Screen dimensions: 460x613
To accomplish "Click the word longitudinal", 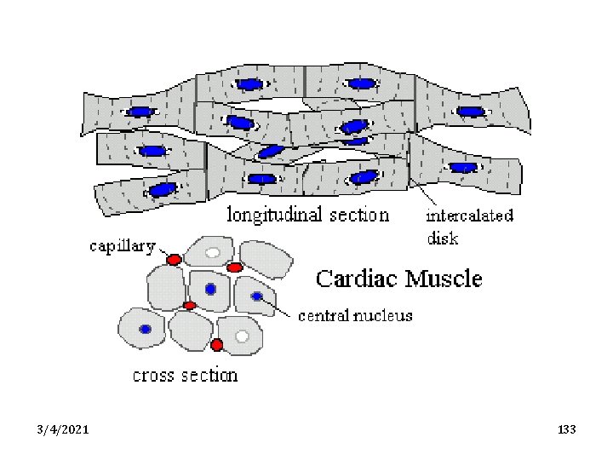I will pyautogui.click(x=269, y=214).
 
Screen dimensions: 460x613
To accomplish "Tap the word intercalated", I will pyautogui.click(x=470, y=215).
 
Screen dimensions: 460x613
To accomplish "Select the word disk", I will pyautogui.click(x=443, y=239).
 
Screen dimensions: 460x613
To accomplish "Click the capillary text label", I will pyautogui.click(x=123, y=247).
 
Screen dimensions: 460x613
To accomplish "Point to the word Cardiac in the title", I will pyautogui.click(x=362, y=279).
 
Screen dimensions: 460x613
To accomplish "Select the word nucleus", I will pyautogui.click(x=385, y=316).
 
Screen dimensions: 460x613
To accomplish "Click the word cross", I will pyautogui.click(x=158, y=374).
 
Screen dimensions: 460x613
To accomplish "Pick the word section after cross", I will pyautogui.click(x=210, y=374).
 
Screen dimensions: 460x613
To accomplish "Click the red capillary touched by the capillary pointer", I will pyautogui.click(x=174, y=259).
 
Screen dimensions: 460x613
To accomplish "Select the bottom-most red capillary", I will pyautogui.click(x=217, y=345).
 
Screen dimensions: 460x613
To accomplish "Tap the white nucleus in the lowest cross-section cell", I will pyautogui.click(x=242, y=336).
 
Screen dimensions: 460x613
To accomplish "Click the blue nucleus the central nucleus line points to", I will pyautogui.click(x=257, y=296).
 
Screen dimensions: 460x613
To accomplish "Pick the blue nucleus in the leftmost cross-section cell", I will pyautogui.click(x=146, y=329).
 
